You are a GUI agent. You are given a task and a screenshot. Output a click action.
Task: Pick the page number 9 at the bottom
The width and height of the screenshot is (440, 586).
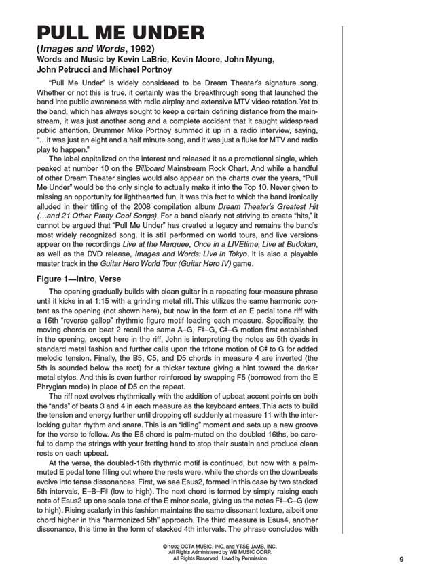pyautogui.click(x=402, y=559)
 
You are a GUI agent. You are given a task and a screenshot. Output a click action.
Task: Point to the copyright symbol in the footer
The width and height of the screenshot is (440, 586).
pyautogui.click(x=165, y=547)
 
